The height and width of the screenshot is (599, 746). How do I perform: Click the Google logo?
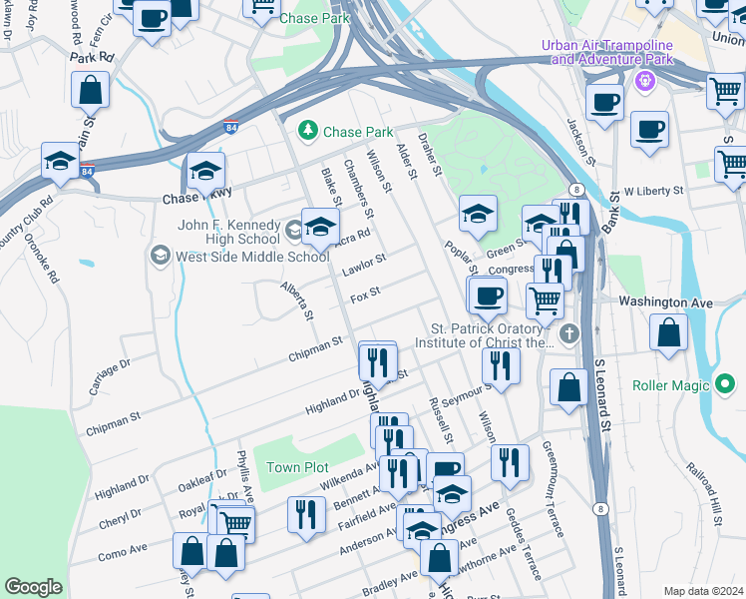(x=33, y=587)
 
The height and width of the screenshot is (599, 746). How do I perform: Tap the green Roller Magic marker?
(x=725, y=384)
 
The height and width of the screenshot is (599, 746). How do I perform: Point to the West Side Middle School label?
(x=251, y=257)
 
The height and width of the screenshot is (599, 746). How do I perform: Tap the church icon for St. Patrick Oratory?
(x=568, y=333)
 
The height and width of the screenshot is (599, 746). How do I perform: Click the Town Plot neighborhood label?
(x=297, y=467)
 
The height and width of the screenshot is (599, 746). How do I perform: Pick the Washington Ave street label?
(x=665, y=301)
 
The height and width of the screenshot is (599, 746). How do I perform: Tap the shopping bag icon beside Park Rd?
(x=90, y=91)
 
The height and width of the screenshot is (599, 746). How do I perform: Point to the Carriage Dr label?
(x=110, y=377)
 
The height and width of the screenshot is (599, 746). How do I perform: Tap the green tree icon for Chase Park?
(x=309, y=131)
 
